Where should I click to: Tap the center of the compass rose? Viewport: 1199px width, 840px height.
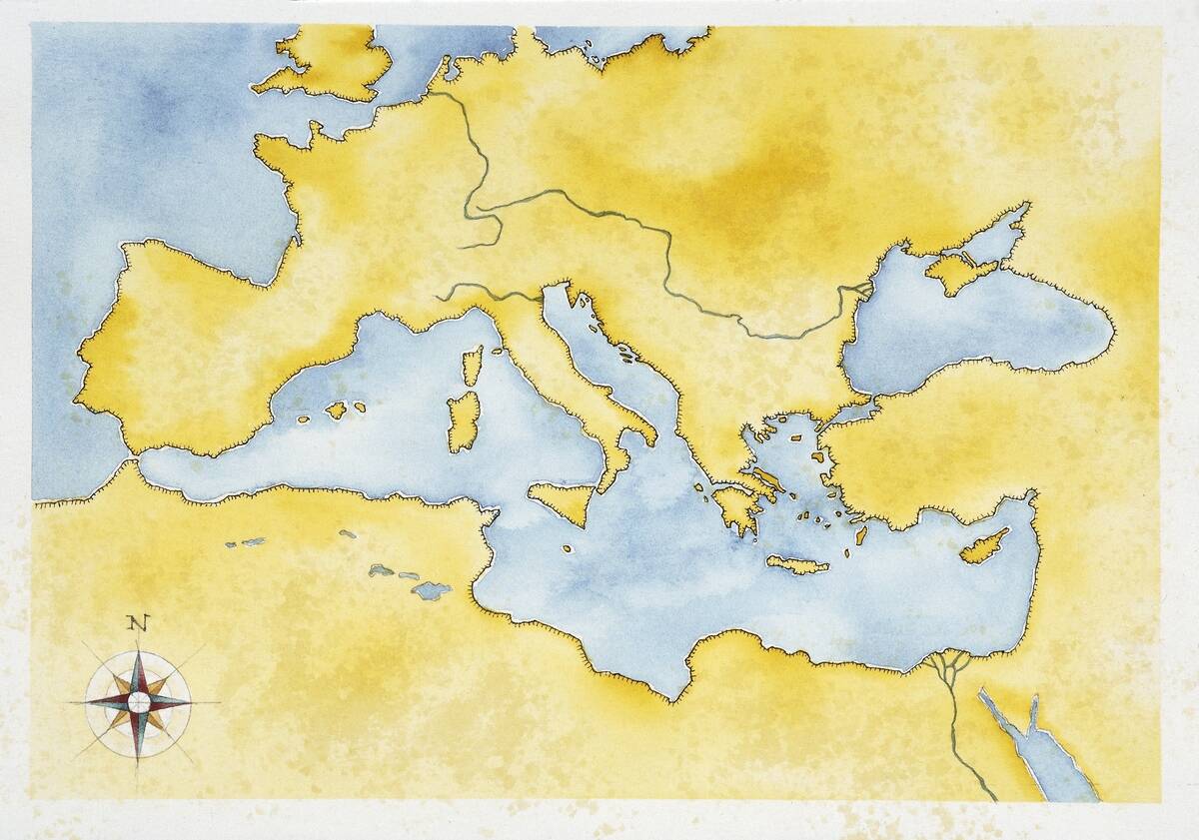coord(139,702)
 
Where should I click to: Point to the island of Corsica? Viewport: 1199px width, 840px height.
coord(473,366)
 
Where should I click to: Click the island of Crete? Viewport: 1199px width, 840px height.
coord(797,565)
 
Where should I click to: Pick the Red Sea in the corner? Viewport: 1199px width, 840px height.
coord(1039,749)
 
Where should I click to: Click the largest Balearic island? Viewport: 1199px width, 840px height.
coord(336,410)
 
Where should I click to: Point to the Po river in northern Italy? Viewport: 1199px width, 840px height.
coord(490,293)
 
